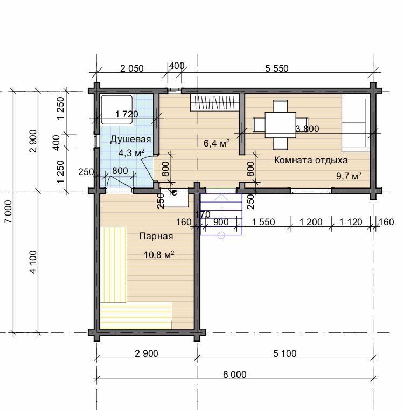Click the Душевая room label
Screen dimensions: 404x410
tap(130, 140)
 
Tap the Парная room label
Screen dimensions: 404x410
tap(156, 236)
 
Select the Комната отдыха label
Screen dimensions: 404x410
tap(311, 160)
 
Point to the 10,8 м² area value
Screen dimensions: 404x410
tap(159, 254)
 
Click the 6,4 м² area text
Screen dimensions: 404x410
tap(217, 143)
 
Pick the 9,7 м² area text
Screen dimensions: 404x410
tap(349, 176)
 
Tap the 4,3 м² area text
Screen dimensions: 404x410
tap(131, 152)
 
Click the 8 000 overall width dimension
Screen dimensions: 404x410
tap(234, 374)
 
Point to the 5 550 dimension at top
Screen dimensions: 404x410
tap(277, 68)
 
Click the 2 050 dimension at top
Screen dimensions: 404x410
tap(132, 68)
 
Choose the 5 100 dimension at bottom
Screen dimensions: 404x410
tap(285, 353)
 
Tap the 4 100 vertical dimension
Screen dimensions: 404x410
tap(33, 262)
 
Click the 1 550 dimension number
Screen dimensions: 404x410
tap(263, 222)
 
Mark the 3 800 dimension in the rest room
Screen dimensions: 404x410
tap(307, 129)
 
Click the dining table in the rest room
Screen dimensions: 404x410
tap(280, 125)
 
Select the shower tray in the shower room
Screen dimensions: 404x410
tap(117, 110)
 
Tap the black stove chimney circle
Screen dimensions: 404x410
tap(174, 193)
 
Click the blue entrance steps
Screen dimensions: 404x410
tap(221, 214)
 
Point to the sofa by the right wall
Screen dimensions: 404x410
tap(356, 123)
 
